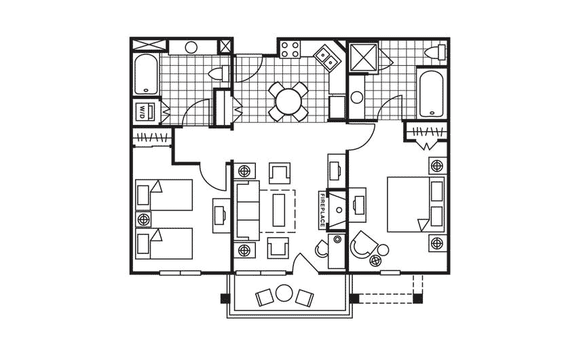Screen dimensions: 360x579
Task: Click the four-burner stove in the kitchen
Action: coord(291,49)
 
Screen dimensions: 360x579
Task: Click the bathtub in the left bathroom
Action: coord(145,75)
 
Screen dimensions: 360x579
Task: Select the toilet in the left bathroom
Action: coord(219,74)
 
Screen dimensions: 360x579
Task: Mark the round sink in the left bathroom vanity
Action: coord(191,47)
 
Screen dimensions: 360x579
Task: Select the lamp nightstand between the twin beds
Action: coord(143,219)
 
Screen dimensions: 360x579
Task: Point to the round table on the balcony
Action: coord(284,295)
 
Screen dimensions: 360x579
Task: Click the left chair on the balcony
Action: coord(263,296)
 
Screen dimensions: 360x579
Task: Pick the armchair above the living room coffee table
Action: coord(279,173)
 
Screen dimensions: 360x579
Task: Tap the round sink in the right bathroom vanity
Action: coord(357,97)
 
